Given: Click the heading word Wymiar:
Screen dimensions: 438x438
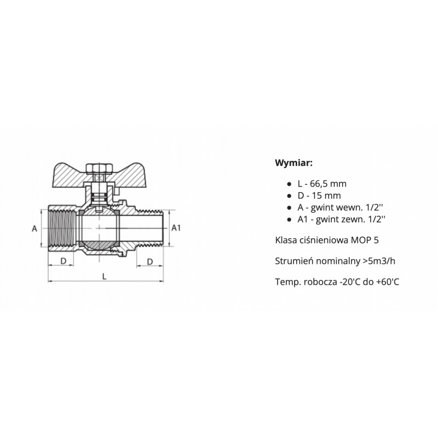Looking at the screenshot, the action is (x=293, y=163).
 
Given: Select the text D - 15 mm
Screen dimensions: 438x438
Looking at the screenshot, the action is (x=319, y=195).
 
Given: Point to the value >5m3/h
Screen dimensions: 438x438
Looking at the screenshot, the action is (x=379, y=261).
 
